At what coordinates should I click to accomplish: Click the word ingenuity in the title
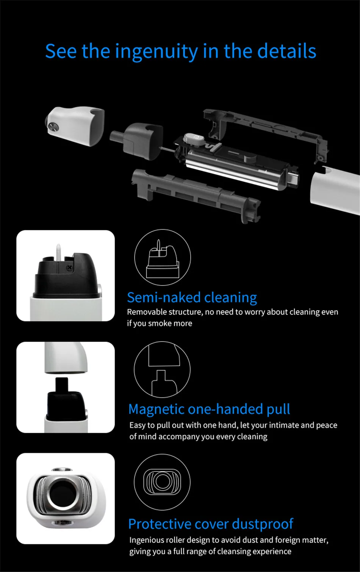[156, 52]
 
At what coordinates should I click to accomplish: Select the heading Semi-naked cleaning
[192, 298]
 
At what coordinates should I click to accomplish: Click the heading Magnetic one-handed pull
[209, 410]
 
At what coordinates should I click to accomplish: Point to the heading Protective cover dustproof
[211, 524]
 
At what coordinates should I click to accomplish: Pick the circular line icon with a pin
[163, 257]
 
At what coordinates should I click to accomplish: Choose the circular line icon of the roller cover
[162, 482]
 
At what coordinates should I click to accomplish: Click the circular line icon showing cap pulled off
[162, 370]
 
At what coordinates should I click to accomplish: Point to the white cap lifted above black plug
[66, 358]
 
